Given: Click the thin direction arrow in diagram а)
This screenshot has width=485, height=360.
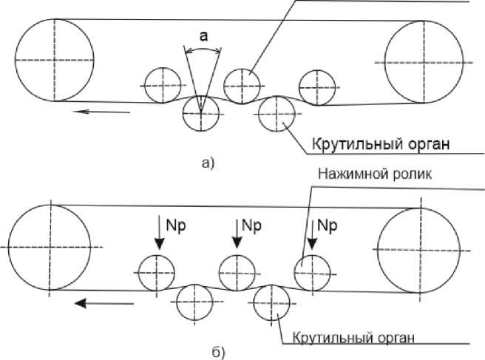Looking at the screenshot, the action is click(x=103, y=112).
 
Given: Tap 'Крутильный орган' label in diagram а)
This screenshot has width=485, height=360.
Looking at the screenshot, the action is click(x=378, y=143).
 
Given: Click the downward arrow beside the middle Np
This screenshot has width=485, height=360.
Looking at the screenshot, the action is click(x=236, y=233).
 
